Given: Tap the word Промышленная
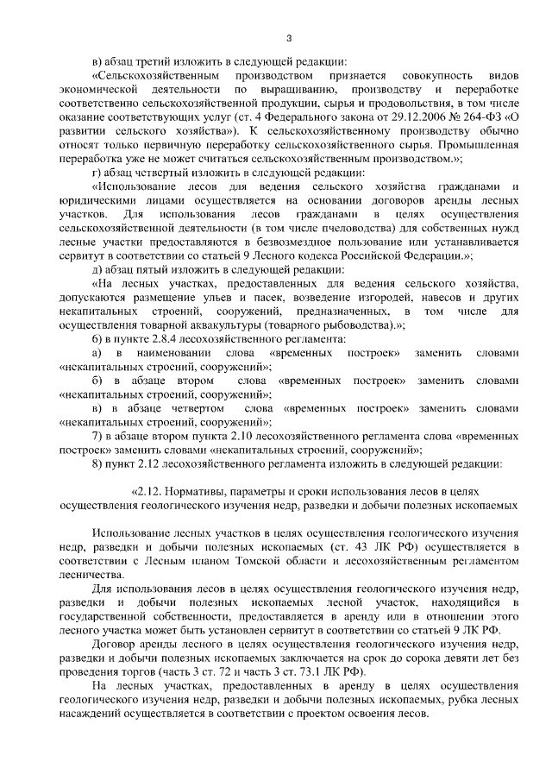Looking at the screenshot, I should tap(480, 146).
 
